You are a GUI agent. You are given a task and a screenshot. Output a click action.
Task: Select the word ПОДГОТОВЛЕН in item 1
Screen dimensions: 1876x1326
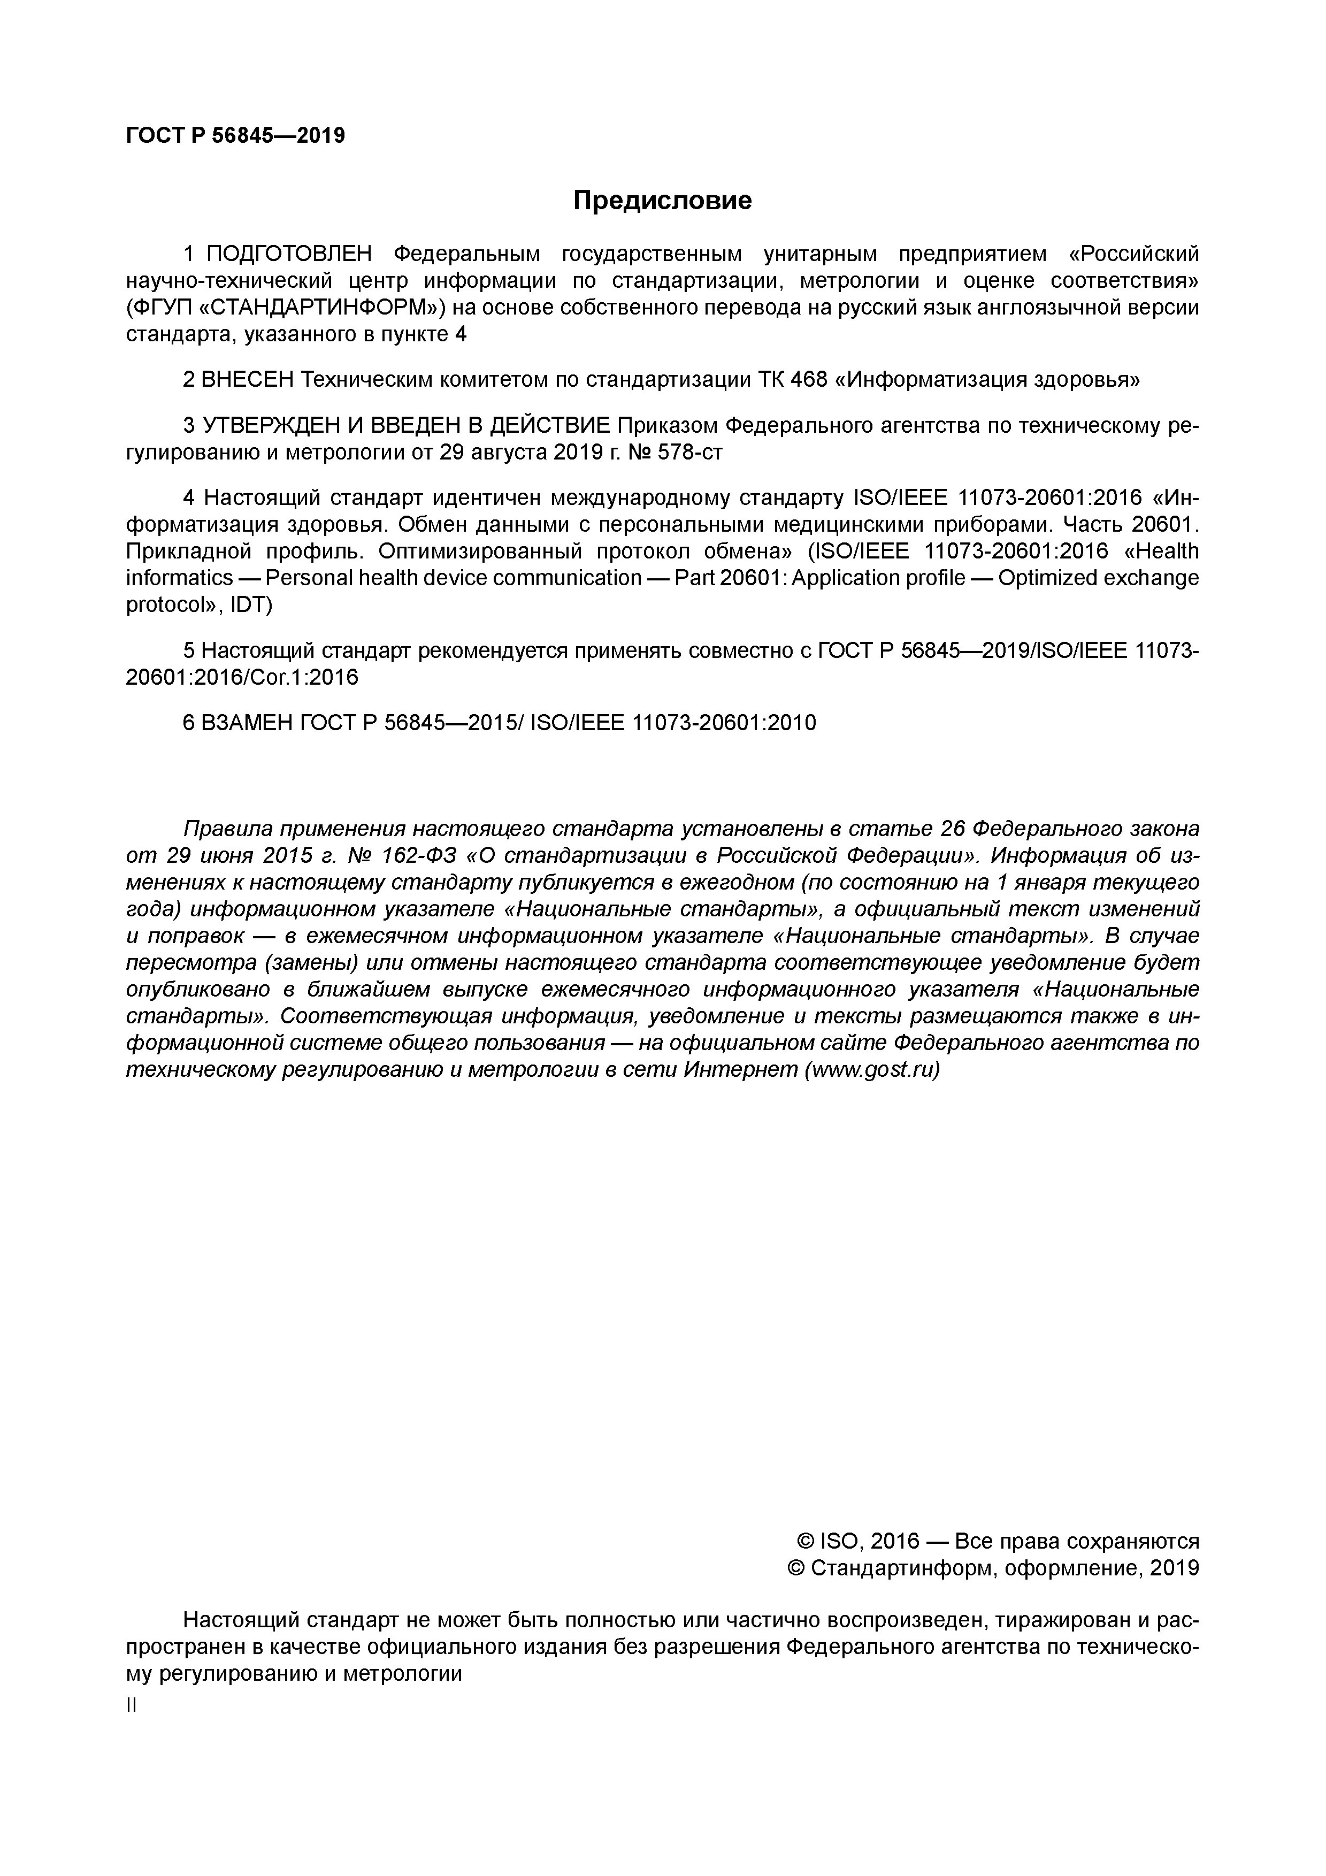coord(289,254)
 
